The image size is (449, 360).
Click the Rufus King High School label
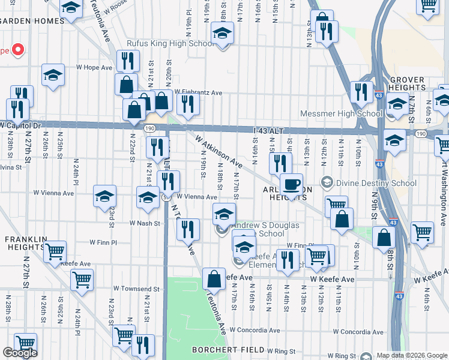coord(169,43)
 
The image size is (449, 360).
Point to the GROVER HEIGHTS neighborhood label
coord(407,83)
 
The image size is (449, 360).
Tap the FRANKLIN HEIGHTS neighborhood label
coord(26,244)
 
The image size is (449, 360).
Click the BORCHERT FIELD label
coord(228,349)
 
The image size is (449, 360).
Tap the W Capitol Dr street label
coord(20,126)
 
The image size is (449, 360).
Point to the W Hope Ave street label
coord(94,68)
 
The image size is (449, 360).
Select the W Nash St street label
coord(145,223)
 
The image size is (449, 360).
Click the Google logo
coord(20,353)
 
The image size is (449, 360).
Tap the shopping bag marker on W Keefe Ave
coord(214,278)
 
